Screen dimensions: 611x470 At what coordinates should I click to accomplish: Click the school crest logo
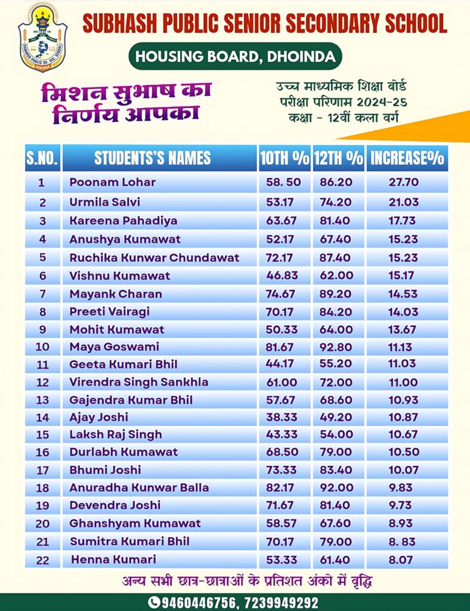(42, 37)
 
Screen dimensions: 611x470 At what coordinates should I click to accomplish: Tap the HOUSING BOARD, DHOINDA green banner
(236, 57)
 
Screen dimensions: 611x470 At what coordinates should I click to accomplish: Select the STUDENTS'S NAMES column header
(152, 158)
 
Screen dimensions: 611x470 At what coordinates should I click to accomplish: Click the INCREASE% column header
(407, 158)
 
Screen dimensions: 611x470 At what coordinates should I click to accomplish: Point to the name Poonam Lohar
(112, 183)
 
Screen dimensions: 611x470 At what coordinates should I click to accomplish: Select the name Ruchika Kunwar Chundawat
(154, 258)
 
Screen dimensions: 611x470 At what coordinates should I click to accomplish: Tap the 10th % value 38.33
(283, 417)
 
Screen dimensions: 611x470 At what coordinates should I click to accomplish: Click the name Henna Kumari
(113, 560)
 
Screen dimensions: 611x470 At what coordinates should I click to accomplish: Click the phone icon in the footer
(154, 602)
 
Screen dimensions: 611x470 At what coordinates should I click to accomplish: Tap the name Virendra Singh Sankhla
(138, 382)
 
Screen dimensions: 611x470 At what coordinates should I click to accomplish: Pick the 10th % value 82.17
(283, 487)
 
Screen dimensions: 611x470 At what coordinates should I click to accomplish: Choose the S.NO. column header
(42, 158)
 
